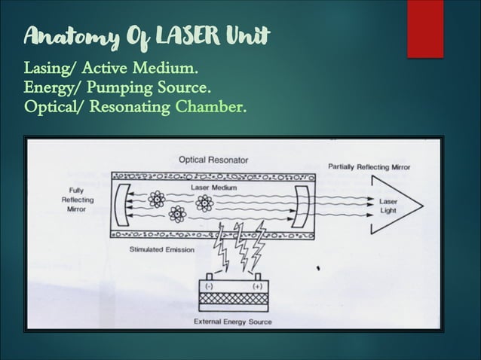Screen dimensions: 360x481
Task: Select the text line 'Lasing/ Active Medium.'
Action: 112,70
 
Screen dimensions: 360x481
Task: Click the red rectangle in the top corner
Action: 425,28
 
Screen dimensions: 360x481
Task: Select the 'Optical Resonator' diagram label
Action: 213,160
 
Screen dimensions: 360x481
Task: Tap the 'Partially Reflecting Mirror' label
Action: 369,166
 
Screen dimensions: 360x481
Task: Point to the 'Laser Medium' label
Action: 213,187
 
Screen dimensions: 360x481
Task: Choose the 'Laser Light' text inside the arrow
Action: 389,206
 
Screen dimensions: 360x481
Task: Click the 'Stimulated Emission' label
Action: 161,249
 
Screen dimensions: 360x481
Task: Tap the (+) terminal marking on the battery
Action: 257,287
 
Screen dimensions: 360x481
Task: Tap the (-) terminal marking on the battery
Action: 209,287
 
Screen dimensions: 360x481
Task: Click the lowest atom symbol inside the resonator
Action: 177,215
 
